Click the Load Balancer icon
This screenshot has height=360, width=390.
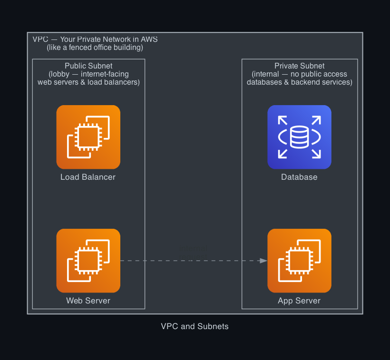point(88,137)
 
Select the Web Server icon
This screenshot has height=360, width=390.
point(88,261)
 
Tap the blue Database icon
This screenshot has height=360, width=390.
point(299,137)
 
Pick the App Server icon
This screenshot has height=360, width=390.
point(299,261)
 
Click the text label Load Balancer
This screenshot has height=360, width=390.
point(88,177)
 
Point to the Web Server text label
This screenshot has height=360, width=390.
point(88,301)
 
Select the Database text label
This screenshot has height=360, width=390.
point(299,177)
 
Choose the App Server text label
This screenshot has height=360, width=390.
point(299,301)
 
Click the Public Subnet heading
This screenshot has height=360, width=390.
point(88,66)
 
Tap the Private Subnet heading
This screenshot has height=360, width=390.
point(300,66)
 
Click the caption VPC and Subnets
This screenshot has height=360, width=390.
point(195,327)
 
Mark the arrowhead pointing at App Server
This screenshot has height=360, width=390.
point(263,261)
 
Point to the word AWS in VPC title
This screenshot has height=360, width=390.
point(149,39)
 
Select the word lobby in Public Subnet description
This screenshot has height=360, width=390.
point(60,74)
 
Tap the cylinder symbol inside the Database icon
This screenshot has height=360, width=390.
point(299,137)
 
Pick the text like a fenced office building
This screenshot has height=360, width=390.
point(95,48)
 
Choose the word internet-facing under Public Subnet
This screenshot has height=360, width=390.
point(105,74)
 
